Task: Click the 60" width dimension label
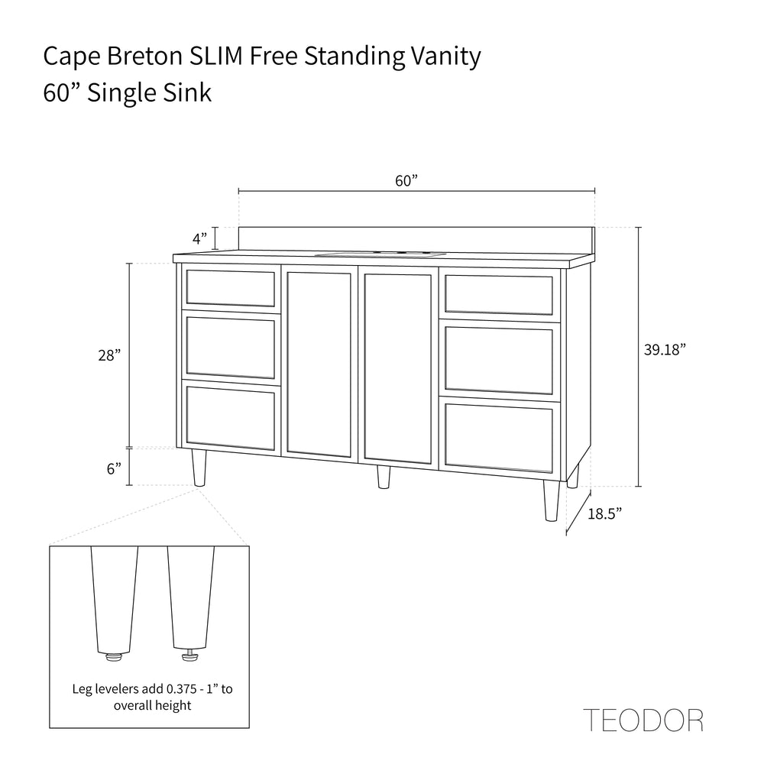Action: click(x=407, y=181)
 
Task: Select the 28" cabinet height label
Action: click(x=109, y=355)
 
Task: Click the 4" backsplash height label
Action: click(x=199, y=238)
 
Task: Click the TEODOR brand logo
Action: click(x=643, y=720)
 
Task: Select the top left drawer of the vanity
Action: click(x=230, y=287)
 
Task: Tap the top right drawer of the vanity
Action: click(x=499, y=296)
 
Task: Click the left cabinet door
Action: click(x=319, y=363)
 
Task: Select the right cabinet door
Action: click(x=398, y=368)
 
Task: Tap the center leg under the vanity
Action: click(x=384, y=477)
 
